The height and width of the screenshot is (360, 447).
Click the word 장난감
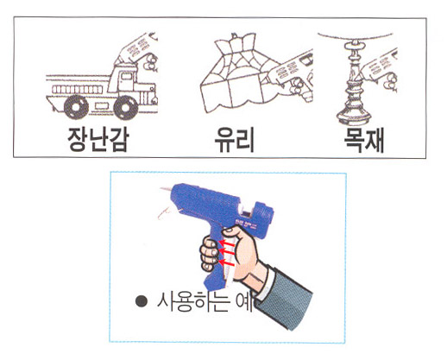97,139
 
